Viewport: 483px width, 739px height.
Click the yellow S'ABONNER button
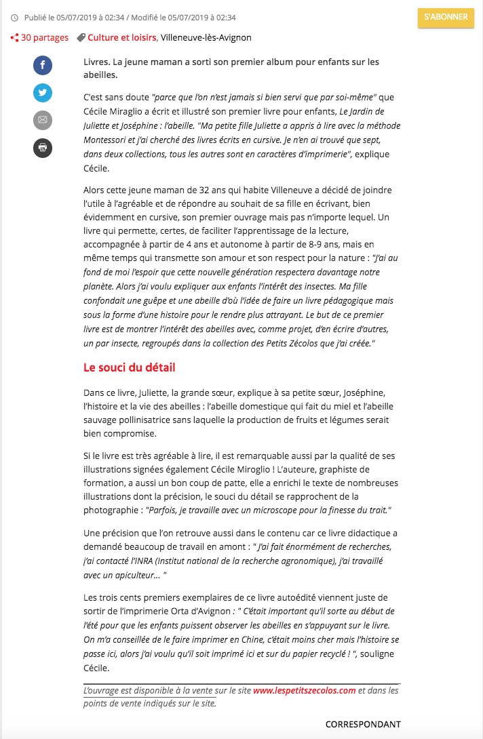(446, 18)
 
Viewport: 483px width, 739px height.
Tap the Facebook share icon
(43, 65)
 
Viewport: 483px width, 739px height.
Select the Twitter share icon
(43, 93)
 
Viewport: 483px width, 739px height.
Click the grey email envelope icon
(43, 121)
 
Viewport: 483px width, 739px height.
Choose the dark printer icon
(43, 148)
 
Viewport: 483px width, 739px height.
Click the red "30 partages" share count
(44, 38)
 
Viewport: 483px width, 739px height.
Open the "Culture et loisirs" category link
(122, 38)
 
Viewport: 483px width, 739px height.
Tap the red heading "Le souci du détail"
(129, 367)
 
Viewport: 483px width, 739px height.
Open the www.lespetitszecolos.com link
(305, 691)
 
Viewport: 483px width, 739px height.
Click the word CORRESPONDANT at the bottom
(363, 725)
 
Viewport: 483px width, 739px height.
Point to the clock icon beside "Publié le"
(15, 17)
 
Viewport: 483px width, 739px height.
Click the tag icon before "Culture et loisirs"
(81, 38)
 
